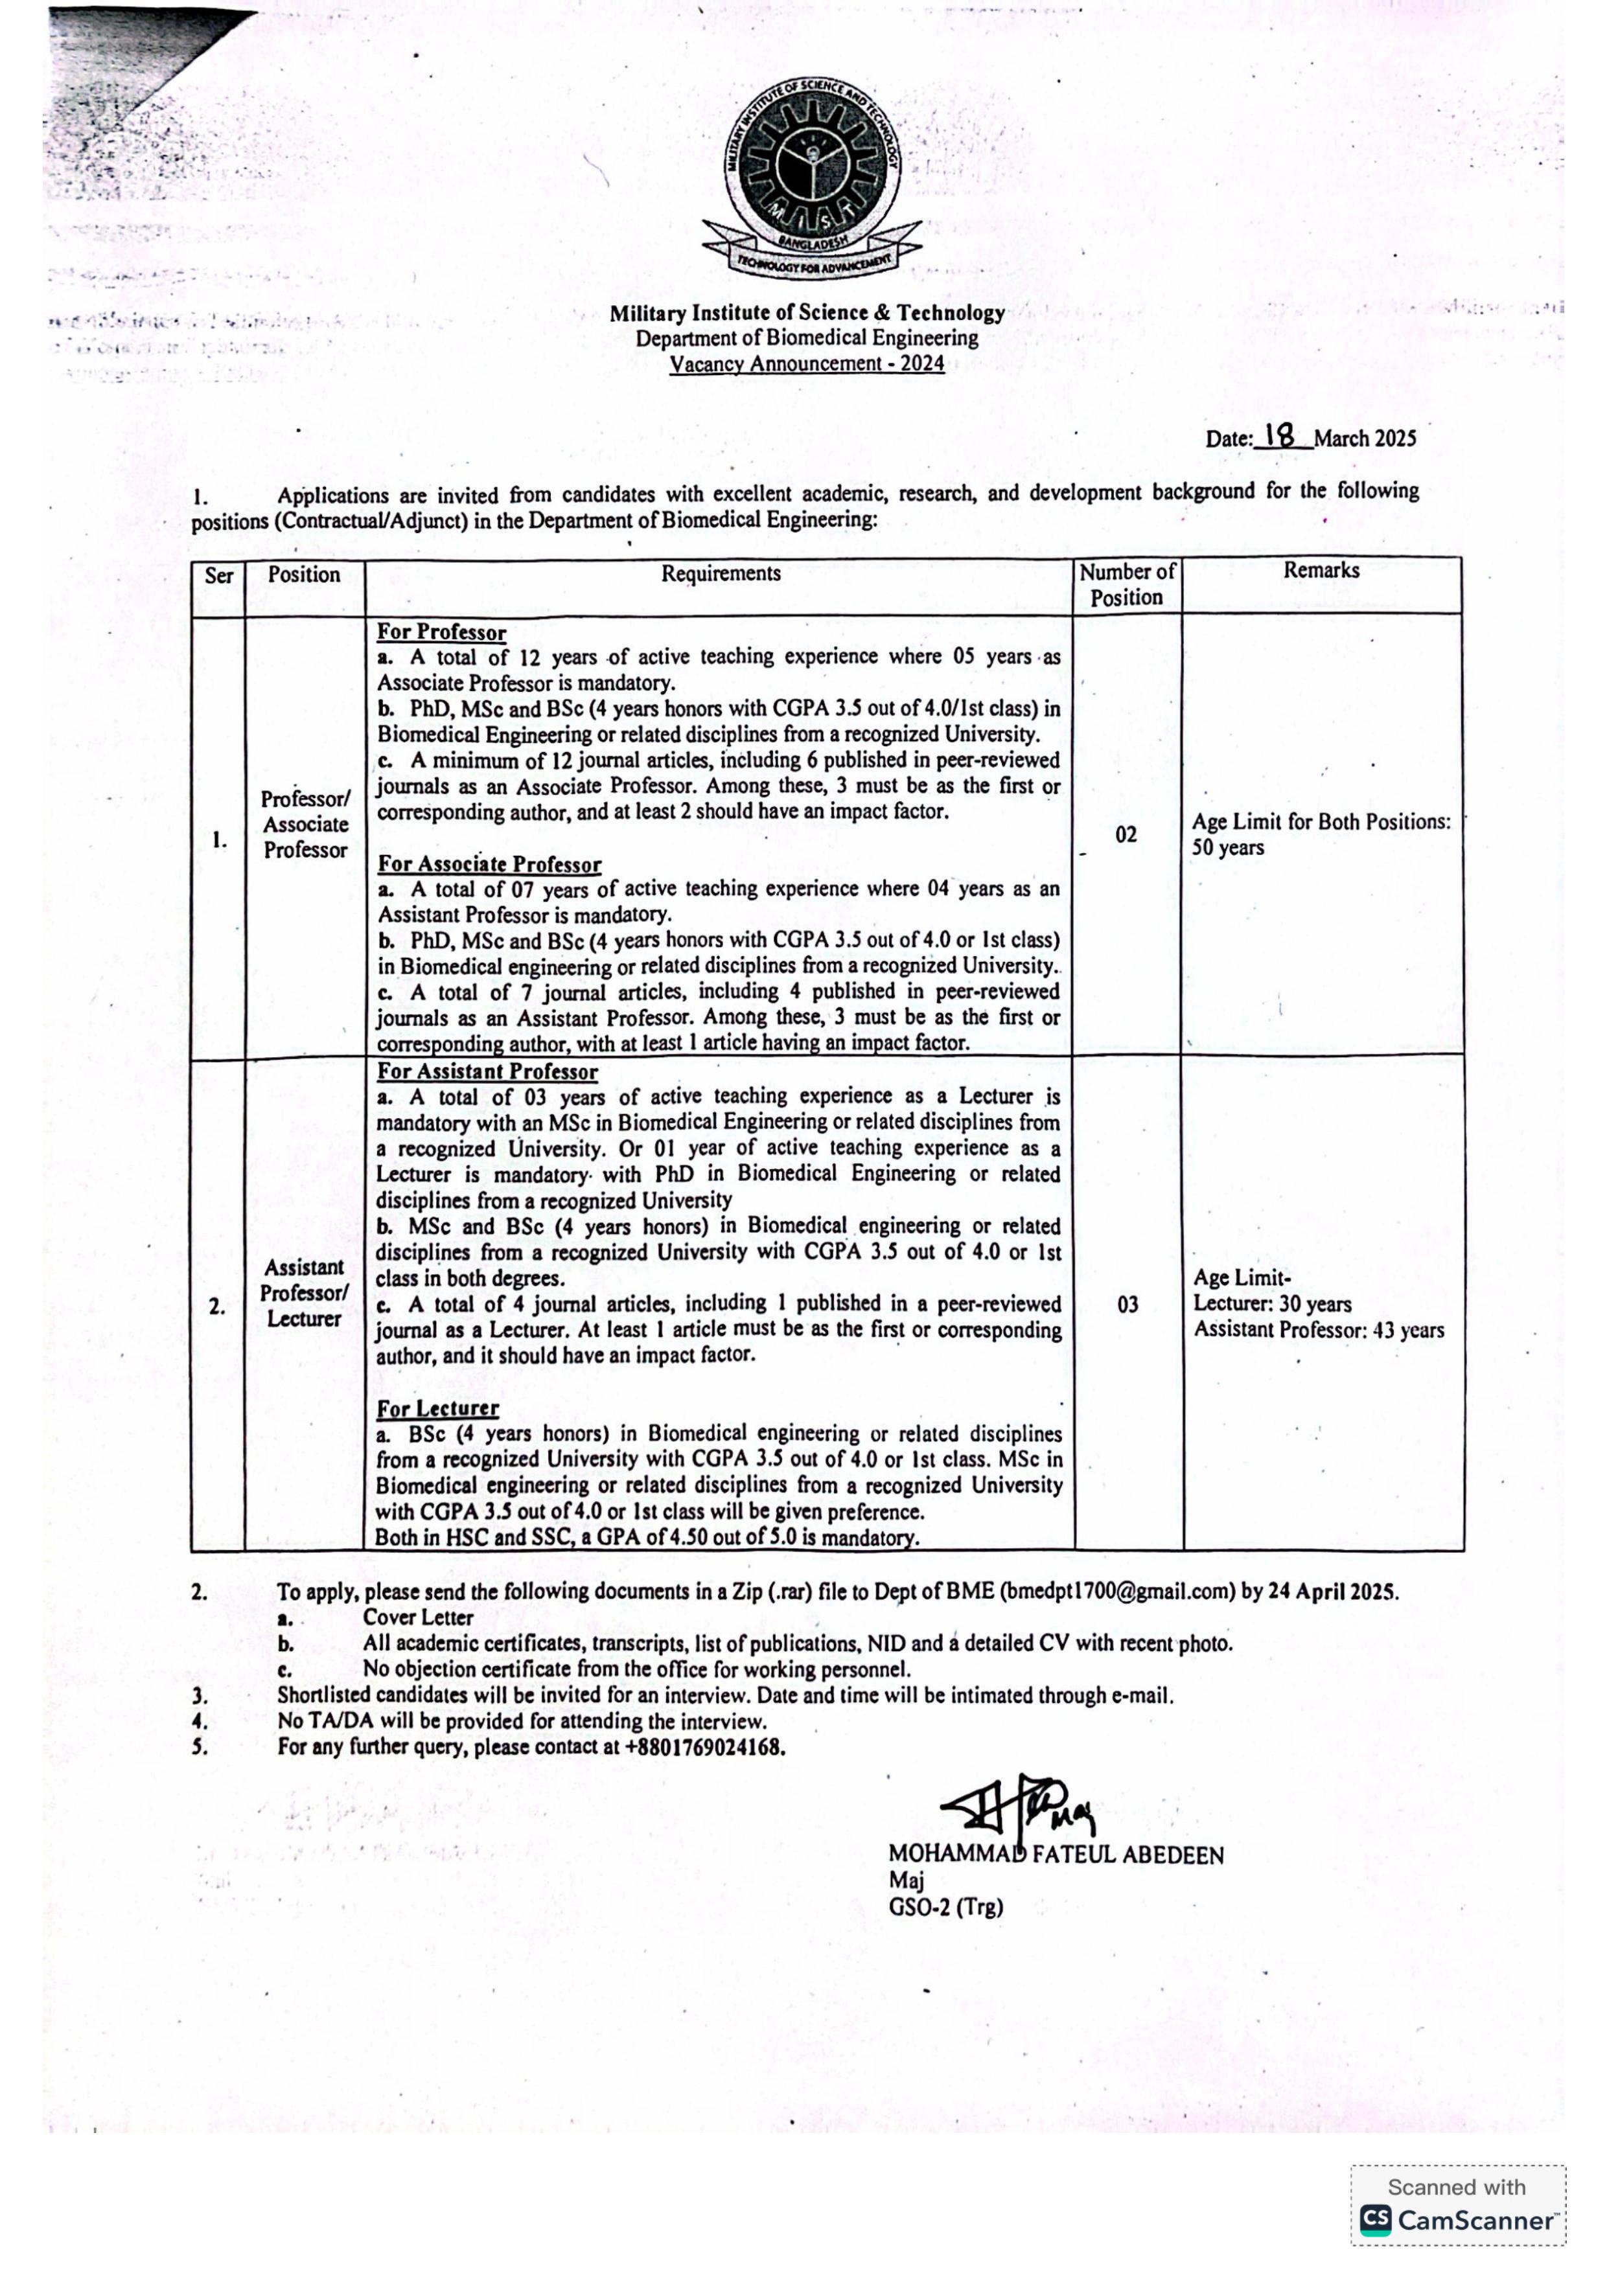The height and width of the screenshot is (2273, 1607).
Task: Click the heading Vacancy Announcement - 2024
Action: [x=806, y=363]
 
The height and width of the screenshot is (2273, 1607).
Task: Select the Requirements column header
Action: [x=721, y=573]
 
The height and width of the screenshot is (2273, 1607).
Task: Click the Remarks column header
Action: [x=1321, y=570]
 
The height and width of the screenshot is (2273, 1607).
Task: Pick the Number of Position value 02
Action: [x=1126, y=834]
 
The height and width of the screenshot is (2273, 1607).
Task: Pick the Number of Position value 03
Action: [x=1127, y=1305]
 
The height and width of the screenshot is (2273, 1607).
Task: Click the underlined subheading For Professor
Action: [x=442, y=633]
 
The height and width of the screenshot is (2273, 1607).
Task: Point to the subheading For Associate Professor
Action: [x=489, y=864]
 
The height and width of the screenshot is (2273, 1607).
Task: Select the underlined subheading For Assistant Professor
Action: [x=487, y=1071]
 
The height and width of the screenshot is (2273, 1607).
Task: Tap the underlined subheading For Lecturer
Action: [x=437, y=1408]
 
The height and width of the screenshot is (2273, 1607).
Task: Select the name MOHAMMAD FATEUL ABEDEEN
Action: [x=1056, y=1855]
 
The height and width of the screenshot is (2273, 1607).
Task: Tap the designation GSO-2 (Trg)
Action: [x=945, y=1907]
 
